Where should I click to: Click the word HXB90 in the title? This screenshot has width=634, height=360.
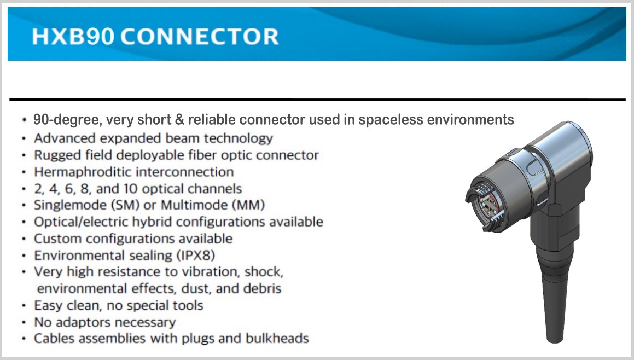click(x=73, y=37)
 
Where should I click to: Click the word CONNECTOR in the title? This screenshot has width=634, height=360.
click(x=199, y=37)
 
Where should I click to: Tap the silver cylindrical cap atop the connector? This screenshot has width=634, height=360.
click(x=561, y=150)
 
